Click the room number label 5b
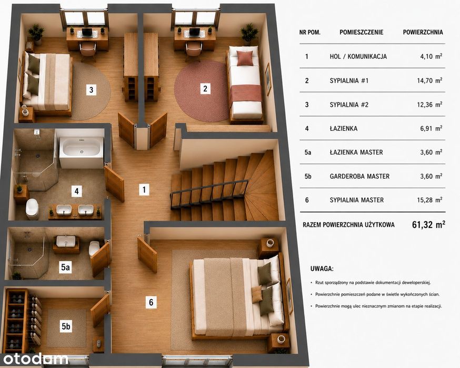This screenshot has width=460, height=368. [66, 326]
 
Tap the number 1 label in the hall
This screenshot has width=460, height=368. [144, 190]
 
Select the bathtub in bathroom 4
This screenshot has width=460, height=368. [82, 149]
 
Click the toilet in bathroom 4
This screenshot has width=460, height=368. [32, 208]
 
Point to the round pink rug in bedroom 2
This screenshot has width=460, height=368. [201, 91]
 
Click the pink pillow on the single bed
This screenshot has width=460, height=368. [245, 58]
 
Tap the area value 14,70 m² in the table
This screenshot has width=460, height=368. [429, 80]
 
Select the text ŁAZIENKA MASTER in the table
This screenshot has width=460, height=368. [356, 152]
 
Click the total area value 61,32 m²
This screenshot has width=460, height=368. [428, 224]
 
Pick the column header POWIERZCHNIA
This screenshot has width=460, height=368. [423, 32]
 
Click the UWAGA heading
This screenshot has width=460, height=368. [322, 269]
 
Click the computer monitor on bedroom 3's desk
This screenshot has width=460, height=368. [87, 32]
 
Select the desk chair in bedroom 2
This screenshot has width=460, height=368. [193, 50]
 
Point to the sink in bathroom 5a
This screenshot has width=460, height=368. [66, 241]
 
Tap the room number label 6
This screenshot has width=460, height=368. [151, 302]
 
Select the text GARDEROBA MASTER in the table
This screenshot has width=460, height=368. [359, 177]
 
